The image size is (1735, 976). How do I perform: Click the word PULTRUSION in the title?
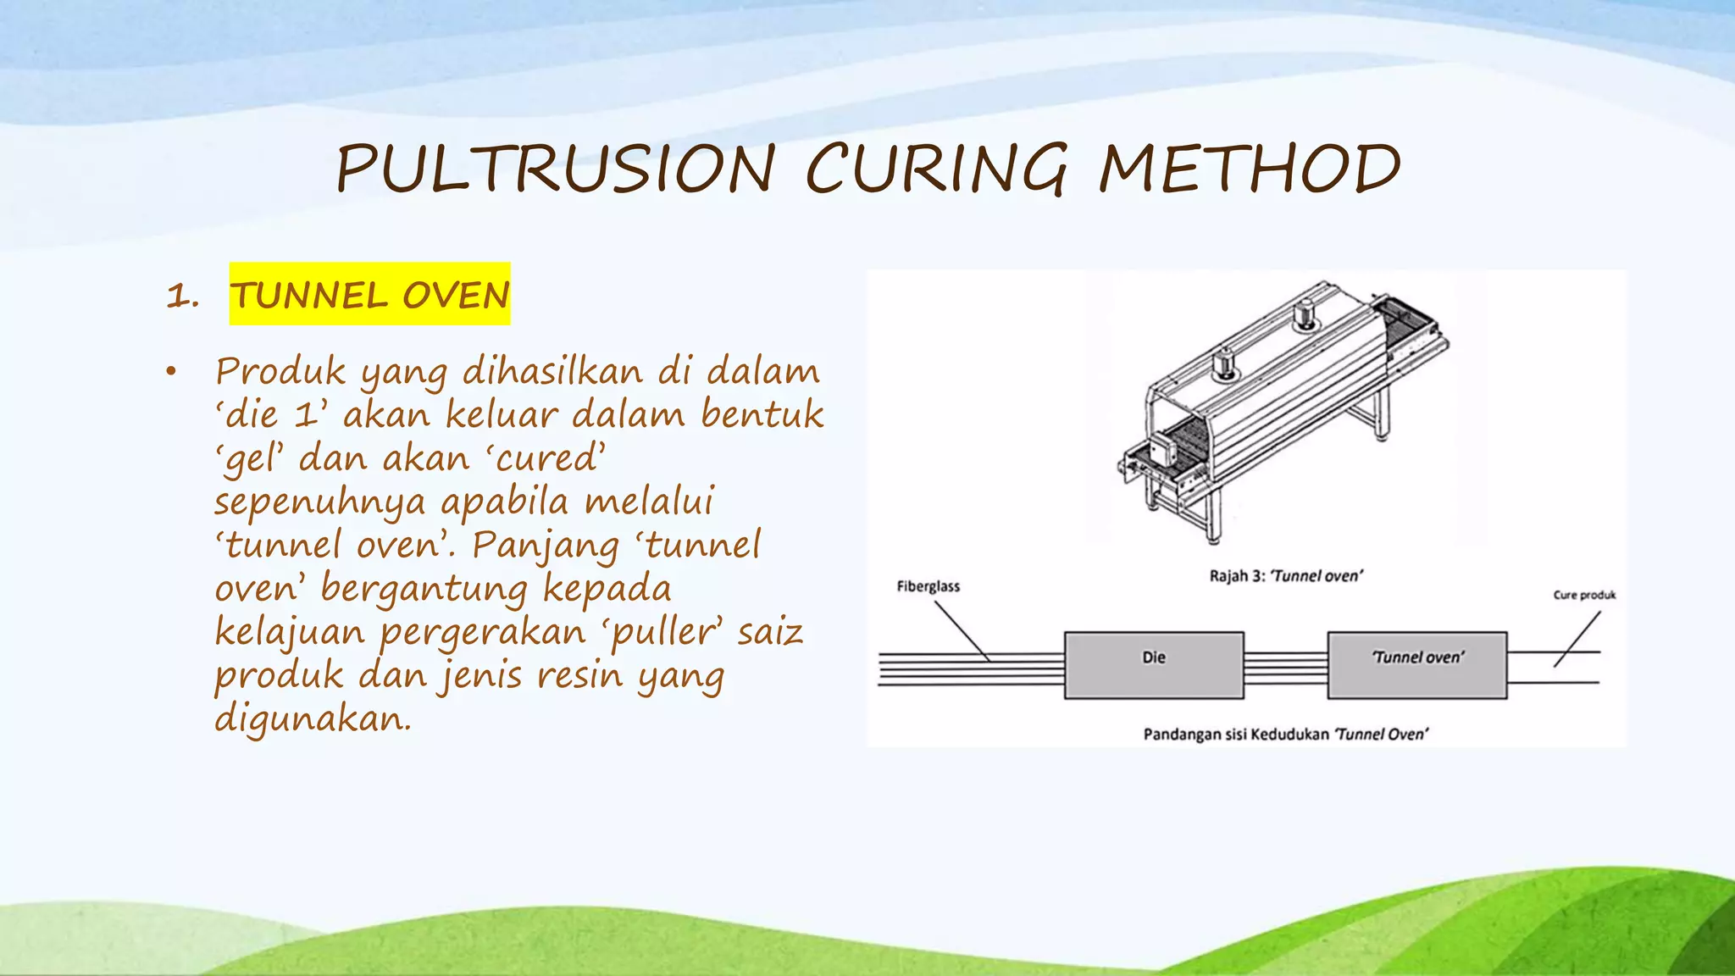coord(556,169)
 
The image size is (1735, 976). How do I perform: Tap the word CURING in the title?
coord(936,169)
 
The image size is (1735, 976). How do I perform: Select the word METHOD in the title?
coord(1250,169)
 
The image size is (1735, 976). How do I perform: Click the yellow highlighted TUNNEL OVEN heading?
coord(369,295)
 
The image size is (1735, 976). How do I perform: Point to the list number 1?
coord(182,297)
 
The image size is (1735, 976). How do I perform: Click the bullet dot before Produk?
coord(171,372)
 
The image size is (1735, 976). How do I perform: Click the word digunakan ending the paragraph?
coord(313,719)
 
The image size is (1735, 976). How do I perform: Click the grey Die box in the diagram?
coord(1154,665)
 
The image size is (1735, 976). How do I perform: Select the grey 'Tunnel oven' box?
coord(1416,665)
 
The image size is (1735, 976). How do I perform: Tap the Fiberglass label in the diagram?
coord(928,586)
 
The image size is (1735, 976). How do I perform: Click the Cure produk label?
coord(1584,595)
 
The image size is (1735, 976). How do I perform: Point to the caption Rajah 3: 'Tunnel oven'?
coord(1285,576)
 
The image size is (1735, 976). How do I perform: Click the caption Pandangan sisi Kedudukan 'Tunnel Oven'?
coord(1285,734)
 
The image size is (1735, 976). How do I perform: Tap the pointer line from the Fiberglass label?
coord(962,630)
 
